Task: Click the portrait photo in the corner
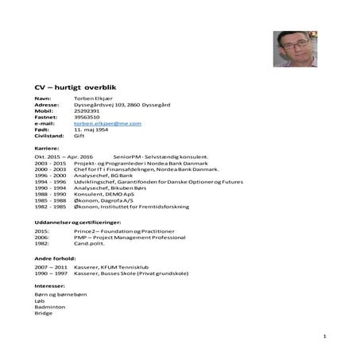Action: tap(293, 49)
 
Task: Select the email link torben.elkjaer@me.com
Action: tap(107, 123)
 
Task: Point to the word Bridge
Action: tap(42, 312)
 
